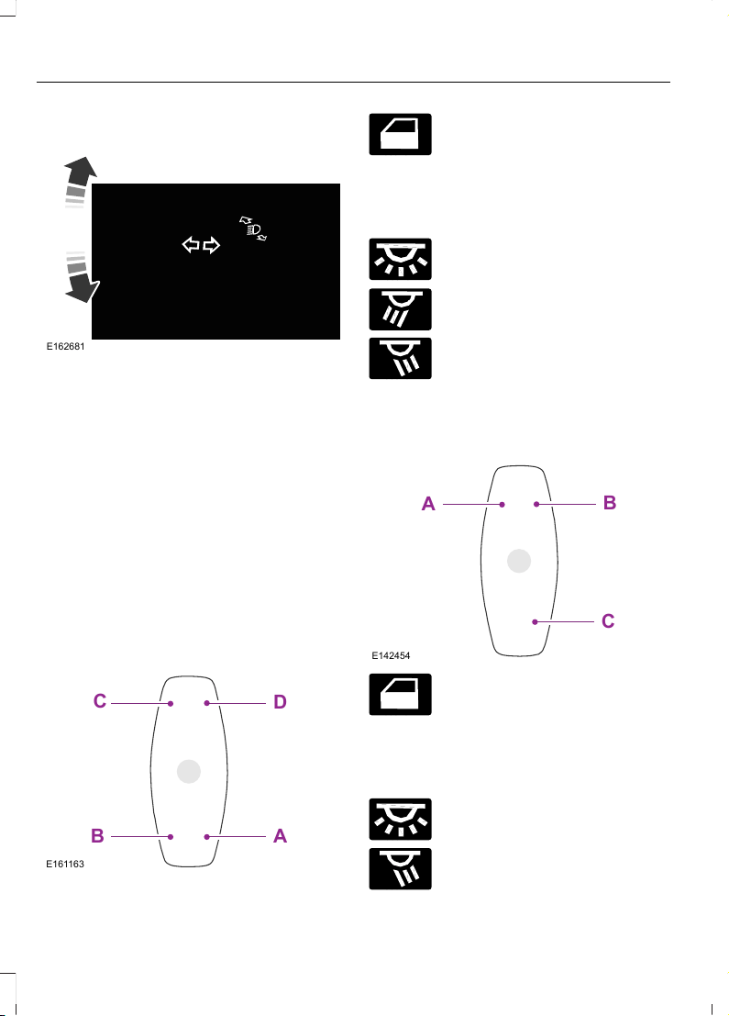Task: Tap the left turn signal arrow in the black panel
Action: tap(191, 245)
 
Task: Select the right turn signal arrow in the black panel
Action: tap(212, 245)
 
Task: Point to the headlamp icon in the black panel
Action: tap(253, 229)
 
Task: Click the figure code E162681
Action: tap(65, 347)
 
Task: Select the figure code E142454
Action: tap(391, 655)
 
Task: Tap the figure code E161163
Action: tap(65, 864)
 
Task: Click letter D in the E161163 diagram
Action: tap(280, 702)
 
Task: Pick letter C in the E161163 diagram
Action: tap(100, 701)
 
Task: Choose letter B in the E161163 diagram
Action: tap(98, 836)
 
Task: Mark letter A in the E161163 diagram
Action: tap(280, 836)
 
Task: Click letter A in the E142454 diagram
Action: tap(428, 504)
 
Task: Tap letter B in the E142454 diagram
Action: tap(609, 503)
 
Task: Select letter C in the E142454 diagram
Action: tap(608, 620)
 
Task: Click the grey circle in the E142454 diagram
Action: tap(519, 561)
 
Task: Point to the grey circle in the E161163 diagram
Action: tap(188, 771)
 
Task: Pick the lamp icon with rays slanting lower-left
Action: tap(400, 309)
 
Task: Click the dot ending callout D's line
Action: tap(206, 703)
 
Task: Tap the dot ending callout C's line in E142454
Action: tap(535, 622)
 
